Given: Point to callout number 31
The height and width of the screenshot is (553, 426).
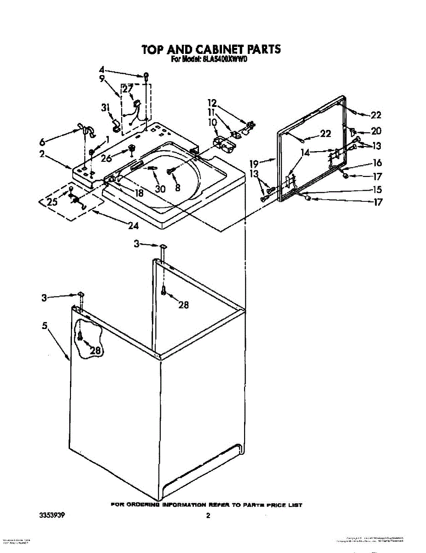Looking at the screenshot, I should tap(105, 108).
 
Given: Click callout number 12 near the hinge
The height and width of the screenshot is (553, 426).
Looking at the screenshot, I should tap(212, 103).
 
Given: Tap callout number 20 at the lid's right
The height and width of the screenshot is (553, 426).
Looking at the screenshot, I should tap(376, 131).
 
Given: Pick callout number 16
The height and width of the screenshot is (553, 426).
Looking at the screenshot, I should tap(377, 162).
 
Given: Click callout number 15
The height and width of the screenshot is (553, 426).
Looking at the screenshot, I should tap(377, 189).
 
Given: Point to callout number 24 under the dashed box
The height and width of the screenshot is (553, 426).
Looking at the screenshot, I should tap(134, 226).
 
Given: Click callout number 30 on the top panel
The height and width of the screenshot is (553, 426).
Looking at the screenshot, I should tap(160, 188).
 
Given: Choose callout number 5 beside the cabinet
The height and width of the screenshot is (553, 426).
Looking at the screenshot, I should tap(45, 326).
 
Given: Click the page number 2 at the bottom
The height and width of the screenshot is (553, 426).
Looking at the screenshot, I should tap(208, 516).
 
